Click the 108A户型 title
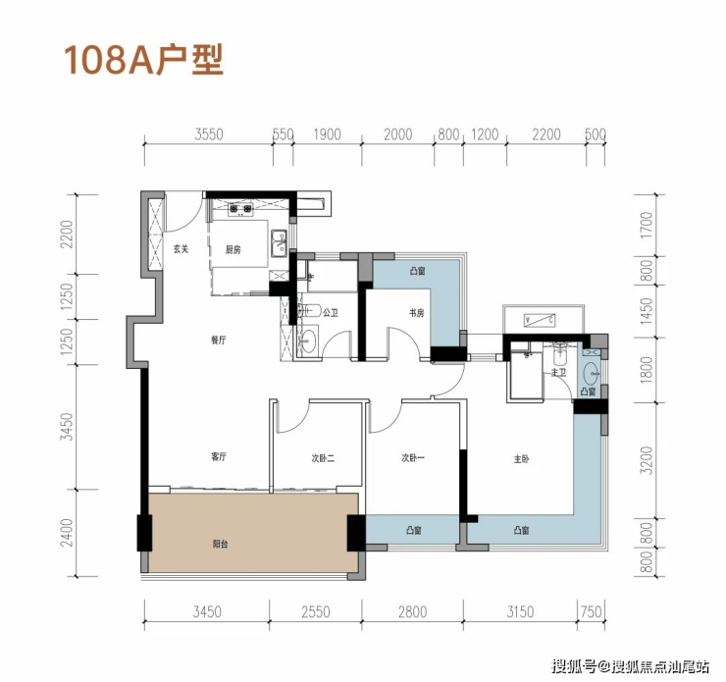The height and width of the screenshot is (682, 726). (x=143, y=60)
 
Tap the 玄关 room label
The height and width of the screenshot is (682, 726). (x=181, y=249)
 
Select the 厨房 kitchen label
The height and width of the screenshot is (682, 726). (x=233, y=250)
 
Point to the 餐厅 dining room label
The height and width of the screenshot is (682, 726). (x=218, y=341)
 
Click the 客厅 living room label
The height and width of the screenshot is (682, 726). (x=218, y=456)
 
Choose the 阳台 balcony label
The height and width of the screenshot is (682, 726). (x=220, y=544)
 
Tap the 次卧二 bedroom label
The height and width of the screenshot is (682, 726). (x=323, y=458)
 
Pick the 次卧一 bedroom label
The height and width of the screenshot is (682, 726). (x=412, y=458)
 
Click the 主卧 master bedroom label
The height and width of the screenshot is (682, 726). (x=521, y=459)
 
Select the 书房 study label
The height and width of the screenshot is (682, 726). (x=416, y=313)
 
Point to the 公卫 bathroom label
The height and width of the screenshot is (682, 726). (x=331, y=313)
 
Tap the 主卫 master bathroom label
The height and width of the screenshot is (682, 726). (x=558, y=372)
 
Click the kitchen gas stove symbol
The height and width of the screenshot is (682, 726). (x=240, y=210)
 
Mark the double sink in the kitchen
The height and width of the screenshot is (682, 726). (x=279, y=242)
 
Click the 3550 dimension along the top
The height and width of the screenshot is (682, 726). (x=209, y=134)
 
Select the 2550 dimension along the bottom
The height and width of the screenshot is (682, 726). (x=316, y=612)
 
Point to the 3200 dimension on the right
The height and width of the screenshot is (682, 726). (x=648, y=460)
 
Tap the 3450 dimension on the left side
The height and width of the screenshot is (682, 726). (x=67, y=427)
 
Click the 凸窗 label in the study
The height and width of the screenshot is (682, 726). (x=417, y=271)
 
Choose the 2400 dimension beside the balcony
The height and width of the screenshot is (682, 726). (x=67, y=533)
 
